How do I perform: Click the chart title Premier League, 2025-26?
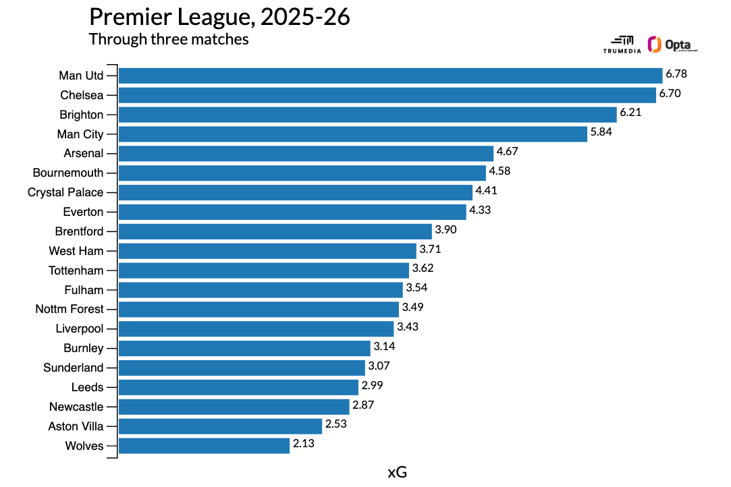[x=219, y=17]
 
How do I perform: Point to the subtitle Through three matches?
[x=169, y=39]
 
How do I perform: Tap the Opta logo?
[x=672, y=45]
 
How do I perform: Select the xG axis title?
[x=398, y=472]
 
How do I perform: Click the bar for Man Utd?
[x=390, y=76]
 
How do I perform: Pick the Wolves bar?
[x=205, y=446]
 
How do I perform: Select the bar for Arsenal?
[x=306, y=153]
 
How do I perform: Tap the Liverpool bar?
[x=256, y=329]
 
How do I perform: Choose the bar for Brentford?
[x=275, y=231]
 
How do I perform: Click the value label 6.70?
[x=670, y=93]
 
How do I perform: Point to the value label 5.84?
[x=601, y=132]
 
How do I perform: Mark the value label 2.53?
[x=336, y=424]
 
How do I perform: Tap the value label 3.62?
[x=423, y=268]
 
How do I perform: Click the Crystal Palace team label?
[x=65, y=192]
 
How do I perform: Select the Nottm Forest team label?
[x=70, y=309]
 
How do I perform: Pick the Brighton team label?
[x=82, y=115]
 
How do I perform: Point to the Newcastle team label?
[x=76, y=407]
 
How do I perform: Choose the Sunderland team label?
[x=74, y=368]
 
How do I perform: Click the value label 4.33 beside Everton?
[x=480, y=210]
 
